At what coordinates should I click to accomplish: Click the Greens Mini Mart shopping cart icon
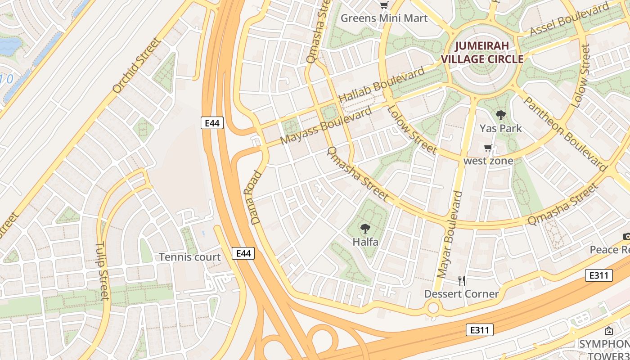pos(384,5)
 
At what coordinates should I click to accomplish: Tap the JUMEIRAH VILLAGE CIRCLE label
pos(482,52)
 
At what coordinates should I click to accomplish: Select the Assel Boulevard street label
pos(569,20)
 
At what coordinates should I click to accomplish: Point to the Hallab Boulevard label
pos(381,84)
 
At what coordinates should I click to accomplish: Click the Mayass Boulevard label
pos(326,125)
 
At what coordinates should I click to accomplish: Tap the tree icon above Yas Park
pos(500,115)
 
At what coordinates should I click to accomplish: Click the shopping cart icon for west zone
pos(488,148)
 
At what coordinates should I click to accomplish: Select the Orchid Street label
pos(136,66)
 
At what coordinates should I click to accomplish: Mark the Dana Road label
pos(255,198)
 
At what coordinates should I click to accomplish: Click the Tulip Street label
pos(102,271)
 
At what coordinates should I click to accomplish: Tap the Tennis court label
pos(189,257)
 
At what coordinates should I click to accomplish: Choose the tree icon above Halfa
pos(365,229)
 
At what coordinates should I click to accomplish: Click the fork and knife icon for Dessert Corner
pos(461,281)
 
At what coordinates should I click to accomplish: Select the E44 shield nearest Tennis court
pos(243,253)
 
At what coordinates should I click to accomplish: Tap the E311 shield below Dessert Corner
pos(479,330)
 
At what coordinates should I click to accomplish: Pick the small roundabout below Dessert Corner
pos(433,308)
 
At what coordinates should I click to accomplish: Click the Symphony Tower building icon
pos(608,331)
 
